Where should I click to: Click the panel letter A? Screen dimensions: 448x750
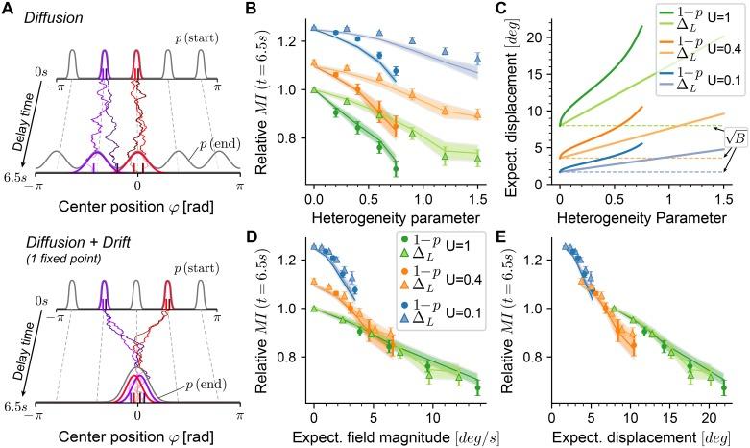click(9, 9)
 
